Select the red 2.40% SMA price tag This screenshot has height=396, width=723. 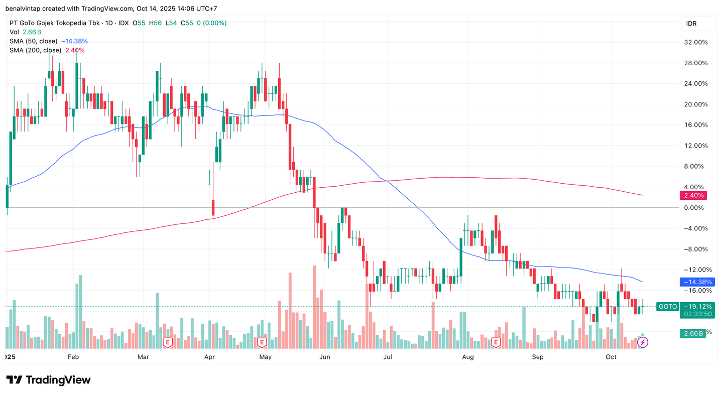[691, 195]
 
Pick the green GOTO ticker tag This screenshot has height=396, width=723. [668, 306]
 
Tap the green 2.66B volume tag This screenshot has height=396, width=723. [692, 333]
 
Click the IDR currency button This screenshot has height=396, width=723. [699, 24]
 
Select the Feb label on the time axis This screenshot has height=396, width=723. [73, 357]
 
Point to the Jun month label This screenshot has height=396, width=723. [325, 357]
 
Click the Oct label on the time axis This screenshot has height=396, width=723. [611, 357]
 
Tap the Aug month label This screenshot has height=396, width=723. [468, 357]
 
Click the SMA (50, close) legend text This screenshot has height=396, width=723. [34, 41]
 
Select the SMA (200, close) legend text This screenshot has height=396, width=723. [35, 50]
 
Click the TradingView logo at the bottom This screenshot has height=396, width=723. [48, 380]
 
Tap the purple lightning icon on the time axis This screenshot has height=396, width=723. [643, 342]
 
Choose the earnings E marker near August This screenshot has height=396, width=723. [496, 342]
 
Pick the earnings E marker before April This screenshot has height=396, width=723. [168, 342]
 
